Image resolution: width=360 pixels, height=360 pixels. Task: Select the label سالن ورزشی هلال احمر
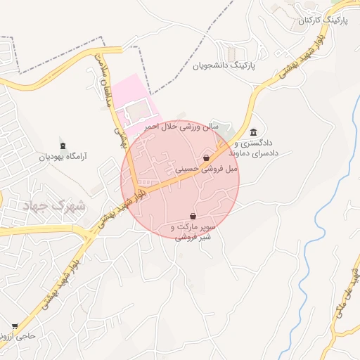tap(182, 127)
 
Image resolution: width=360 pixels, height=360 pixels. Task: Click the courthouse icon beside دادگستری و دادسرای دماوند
tap(253, 132)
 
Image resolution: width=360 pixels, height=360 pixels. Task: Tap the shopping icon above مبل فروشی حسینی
tap(206, 157)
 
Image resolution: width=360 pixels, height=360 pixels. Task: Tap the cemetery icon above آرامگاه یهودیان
tap(64, 146)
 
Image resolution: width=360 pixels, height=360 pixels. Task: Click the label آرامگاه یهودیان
tap(64, 157)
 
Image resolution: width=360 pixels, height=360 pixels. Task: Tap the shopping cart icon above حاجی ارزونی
tap(15, 326)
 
